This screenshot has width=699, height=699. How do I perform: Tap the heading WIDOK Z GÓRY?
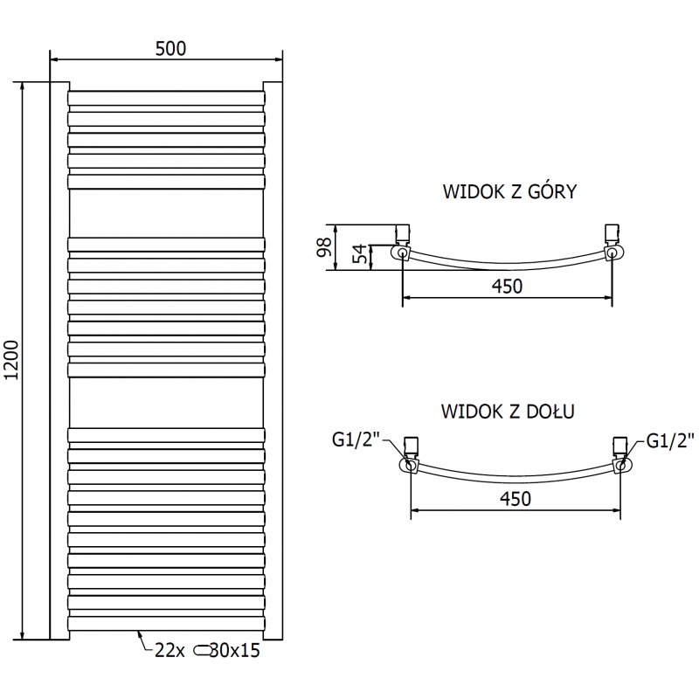pyautogui.click(x=509, y=191)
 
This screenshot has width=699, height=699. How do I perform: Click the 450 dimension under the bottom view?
pyautogui.click(x=516, y=499)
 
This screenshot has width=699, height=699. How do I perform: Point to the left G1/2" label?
pyautogui.click(x=355, y=440)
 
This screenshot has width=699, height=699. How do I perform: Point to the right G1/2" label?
pyautogui.click(x=669, y=440)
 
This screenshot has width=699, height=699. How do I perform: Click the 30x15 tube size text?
pyautogui.click(x=239, y=649)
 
